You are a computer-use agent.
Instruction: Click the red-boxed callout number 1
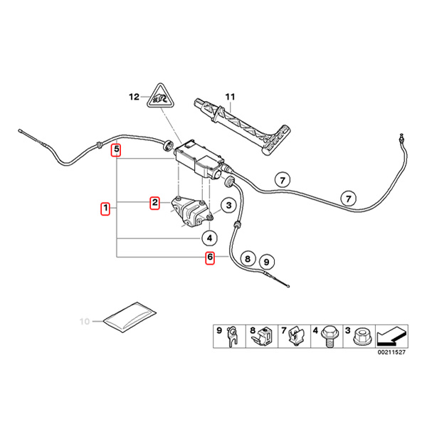(x=105, y=209)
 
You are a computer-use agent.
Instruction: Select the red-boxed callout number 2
(x=154, y=204)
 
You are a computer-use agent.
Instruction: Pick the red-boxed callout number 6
(x=210, y=258)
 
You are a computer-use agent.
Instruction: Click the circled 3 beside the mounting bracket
(x=228, y=206)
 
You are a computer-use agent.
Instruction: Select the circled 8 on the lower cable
(x=248, y=258)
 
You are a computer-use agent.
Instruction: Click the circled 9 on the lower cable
(x=267, y=260)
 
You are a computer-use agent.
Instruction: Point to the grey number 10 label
(x=85, y=322)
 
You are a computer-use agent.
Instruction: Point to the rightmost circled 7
(x=348, y=196)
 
